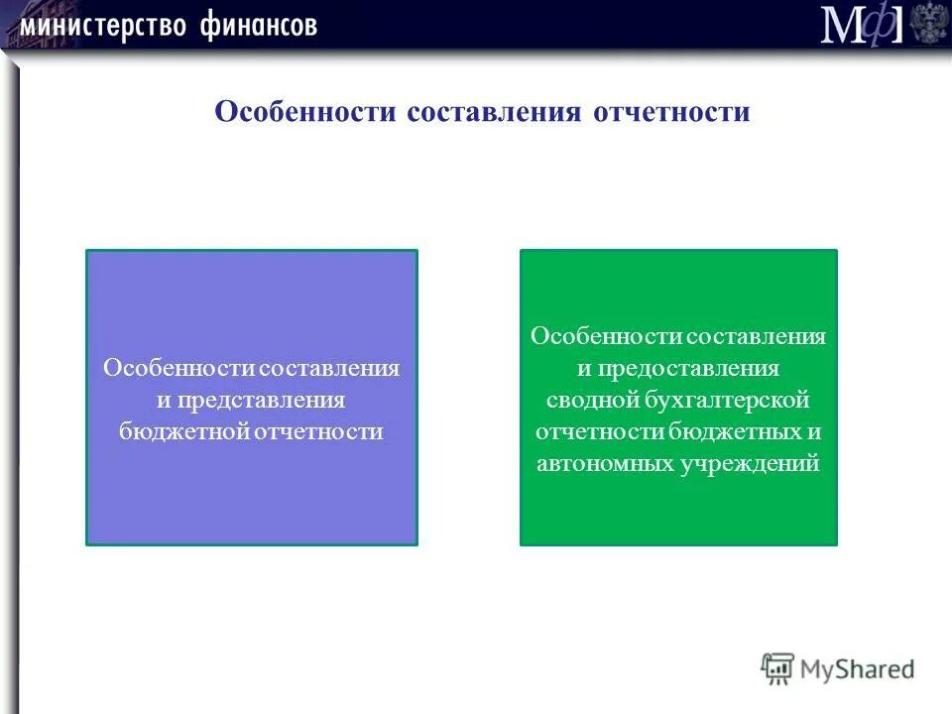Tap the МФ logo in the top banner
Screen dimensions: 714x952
861,24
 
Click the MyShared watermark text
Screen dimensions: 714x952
858,668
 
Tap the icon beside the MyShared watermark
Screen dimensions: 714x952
778,668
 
